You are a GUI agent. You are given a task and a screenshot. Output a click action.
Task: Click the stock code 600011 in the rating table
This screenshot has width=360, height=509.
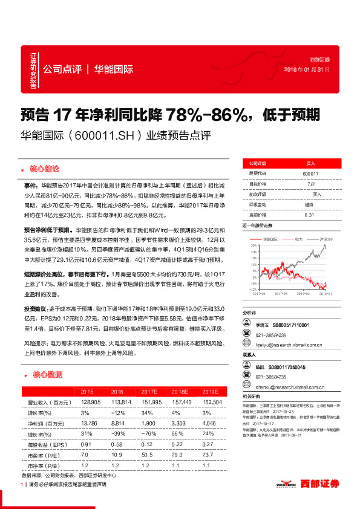310,173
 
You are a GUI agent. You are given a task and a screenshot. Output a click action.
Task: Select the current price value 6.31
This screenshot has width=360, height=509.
310,214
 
